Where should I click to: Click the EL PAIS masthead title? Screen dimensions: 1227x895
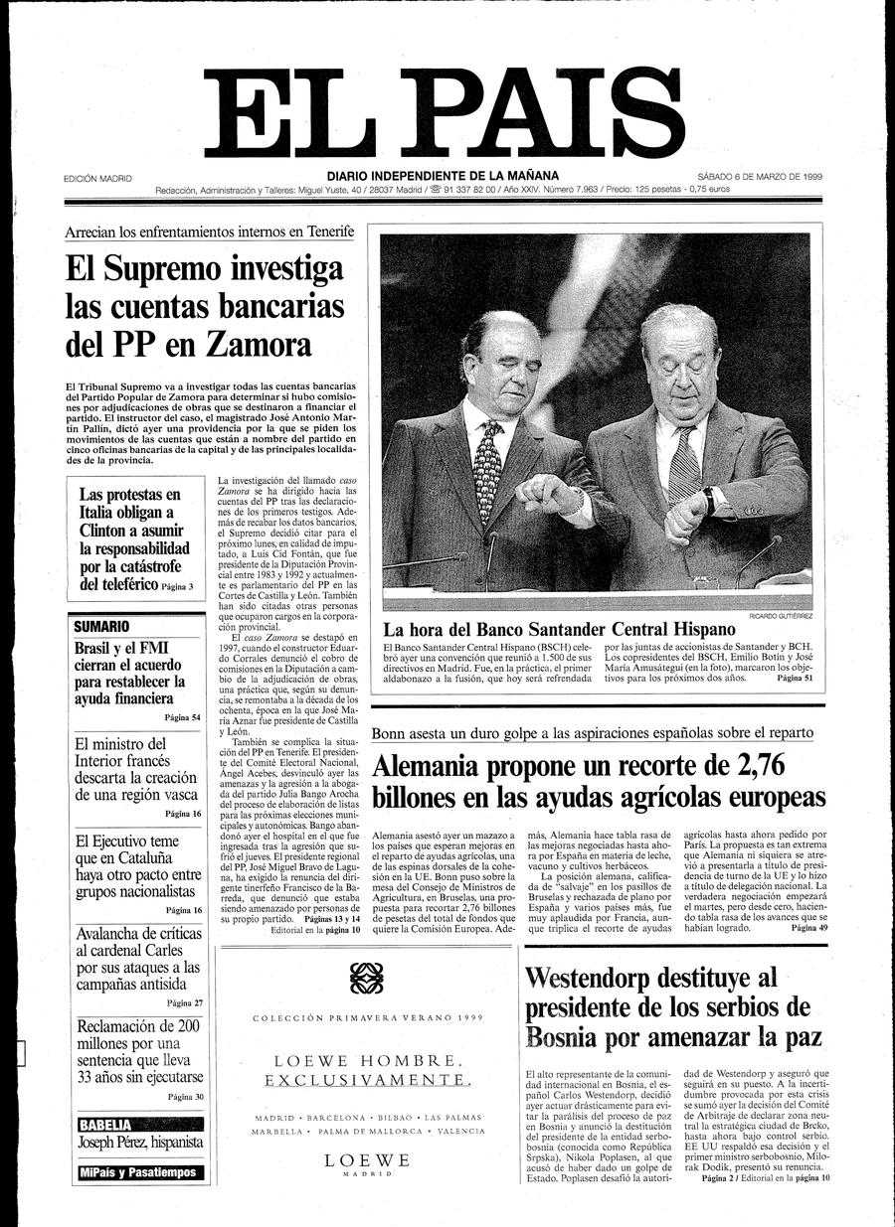click(x=445, y=115)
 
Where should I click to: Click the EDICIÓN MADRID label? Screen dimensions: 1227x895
click(x=97, y=179)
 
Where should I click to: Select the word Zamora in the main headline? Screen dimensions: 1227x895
click(x=259, y=344)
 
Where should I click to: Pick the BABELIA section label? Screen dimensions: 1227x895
click(x=105, y=1125)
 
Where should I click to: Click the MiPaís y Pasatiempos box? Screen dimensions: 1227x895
click(x=137, y=1172)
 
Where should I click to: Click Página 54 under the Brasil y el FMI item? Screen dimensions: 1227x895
click(x=183, y=716)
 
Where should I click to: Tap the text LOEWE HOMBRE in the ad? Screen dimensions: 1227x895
click(x=367, y=1060)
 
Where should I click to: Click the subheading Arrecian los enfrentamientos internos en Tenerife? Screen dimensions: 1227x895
click(x=209, y=231)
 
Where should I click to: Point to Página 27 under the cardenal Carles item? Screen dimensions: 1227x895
click(x=184, y=1002)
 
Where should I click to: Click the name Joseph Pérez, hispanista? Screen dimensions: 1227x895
click(x=140, y=1143)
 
